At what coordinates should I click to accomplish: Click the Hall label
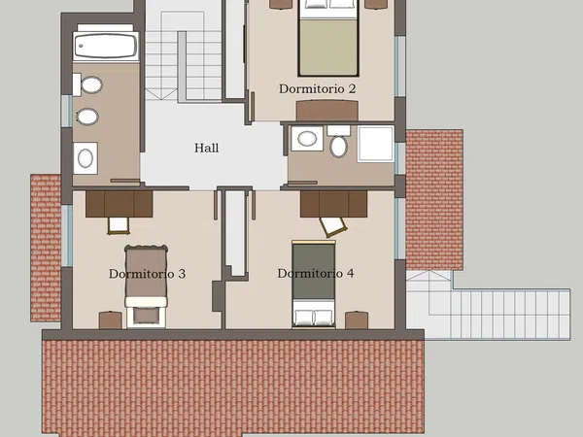tap(206, 148)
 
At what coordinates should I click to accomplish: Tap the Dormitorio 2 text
tap(317, 88)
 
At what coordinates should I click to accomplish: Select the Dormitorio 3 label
tap(147, 274)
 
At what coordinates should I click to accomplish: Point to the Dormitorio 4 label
tap(316, 273)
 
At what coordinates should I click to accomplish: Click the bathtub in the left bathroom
tap(106, 46)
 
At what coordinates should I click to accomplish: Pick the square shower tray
tap(375, 144)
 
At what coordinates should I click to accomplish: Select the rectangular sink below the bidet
tap(86, 158)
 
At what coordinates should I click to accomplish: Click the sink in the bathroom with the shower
tap(307, 139)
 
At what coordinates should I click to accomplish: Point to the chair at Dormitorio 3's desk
tap(119, 225)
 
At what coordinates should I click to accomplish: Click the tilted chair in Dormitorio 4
tap(332, 226)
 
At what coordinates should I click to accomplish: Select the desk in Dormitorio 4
tap(334, 204)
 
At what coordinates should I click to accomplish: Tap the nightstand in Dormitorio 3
tap(110, 320)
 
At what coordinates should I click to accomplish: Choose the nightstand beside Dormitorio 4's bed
tap(357, 319)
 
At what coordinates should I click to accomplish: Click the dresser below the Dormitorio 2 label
tap(327, 111)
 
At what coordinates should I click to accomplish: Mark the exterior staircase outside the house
tap(488, 305)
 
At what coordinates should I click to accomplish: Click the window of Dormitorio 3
tap(67, 235)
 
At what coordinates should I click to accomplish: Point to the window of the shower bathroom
tap(399, 158)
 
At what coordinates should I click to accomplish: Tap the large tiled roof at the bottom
tap(233, 387)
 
